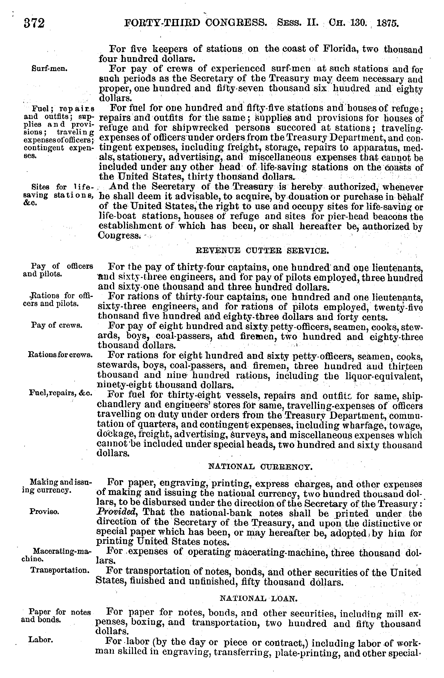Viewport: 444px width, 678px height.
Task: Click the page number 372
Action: coord(34,23)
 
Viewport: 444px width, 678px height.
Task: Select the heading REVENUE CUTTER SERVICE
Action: coord(262,251)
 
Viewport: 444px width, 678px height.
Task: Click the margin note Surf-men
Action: coord(50,69)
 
